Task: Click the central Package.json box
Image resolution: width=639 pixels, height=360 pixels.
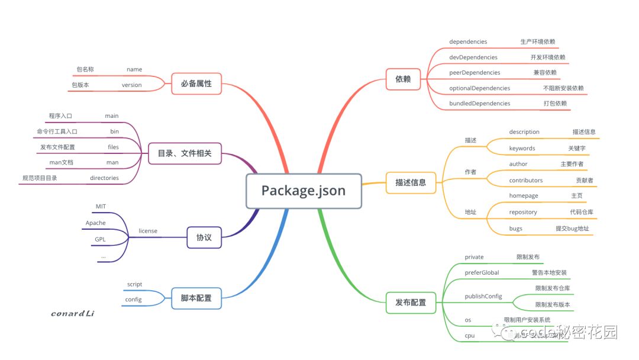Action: (x=304, y=191)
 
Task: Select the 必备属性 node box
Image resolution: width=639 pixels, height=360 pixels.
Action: (x=196, y=84)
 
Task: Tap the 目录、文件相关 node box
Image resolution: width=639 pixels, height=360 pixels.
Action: (x=184, y=154)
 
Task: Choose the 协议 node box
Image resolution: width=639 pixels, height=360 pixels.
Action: (x=204, y=237)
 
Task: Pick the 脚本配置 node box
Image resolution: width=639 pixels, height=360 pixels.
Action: (x=196, y=298)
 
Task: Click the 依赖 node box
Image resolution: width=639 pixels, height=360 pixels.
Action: (x=403, y=78)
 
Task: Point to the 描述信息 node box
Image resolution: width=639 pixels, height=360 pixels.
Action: (x=411, y=182)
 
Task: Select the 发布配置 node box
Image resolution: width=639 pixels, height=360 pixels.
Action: (x=411, y=302)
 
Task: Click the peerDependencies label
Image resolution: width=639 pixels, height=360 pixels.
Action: (x=475, y=72)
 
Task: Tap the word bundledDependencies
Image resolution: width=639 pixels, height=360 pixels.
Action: (x=479, y=103)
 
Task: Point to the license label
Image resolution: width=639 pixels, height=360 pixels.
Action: (x=148, y=230)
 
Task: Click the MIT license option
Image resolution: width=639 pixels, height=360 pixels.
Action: (x=101, y=206)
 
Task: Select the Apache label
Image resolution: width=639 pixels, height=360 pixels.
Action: (x=96, y=223)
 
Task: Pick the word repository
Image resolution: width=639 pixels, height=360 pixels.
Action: (x=523, y=211)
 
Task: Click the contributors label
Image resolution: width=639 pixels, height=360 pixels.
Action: (x=525, y=180)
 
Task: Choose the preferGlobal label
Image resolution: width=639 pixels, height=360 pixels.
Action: (x=482, y=272)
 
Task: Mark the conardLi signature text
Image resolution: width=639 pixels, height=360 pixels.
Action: (x=72, y=313)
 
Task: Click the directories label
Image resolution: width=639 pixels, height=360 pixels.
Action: (x=104, y=178)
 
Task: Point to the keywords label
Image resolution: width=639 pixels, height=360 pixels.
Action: (x=522, y=148)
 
